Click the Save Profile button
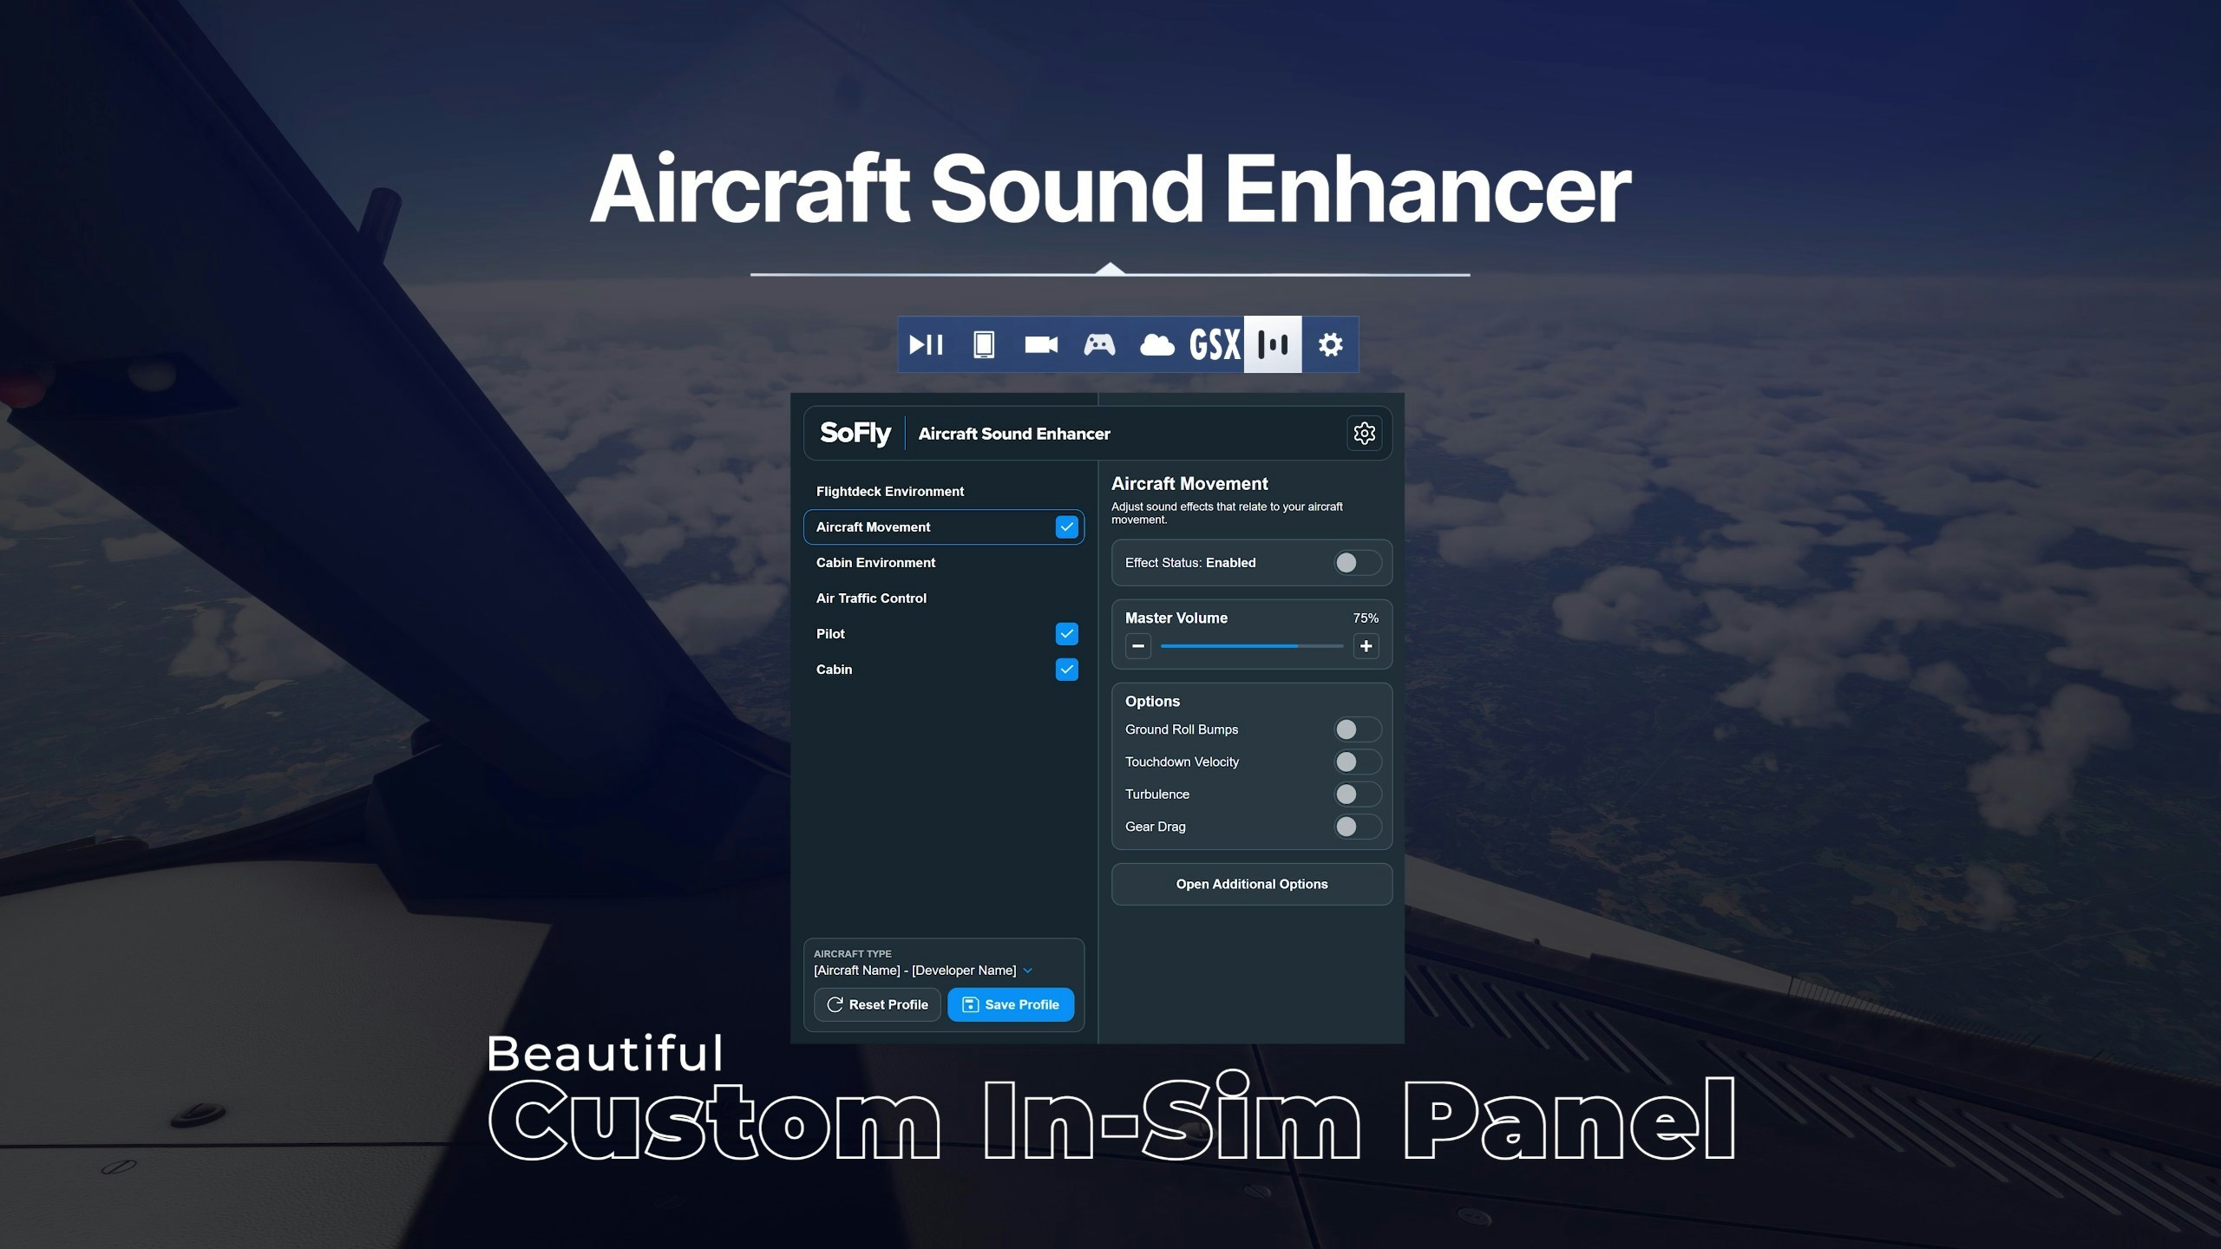[x=1011, y=1004]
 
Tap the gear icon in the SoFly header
[x=1364, y=433]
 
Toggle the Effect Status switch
[x=1358, y=563]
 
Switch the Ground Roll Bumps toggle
[x=1358, y=729]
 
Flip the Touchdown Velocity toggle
[x=1358, y=762]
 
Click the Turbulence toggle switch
[x=1358, y=794]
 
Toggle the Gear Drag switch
[x=1358, y=827]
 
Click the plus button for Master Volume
[x=1366, y=646]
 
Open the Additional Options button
[x=1252, y=884]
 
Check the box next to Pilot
[x=1067, y=634]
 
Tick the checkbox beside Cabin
[x=1067, y=670]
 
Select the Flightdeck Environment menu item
[x=890, y=491]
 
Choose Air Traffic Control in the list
[x=871, y=598]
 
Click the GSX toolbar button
[x=1215, y=344]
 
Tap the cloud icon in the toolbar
[x=1157, y=344]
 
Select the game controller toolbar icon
[x=1099, y=344]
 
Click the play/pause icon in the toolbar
[x=926, y=344]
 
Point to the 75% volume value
[x=1366, y=618]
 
